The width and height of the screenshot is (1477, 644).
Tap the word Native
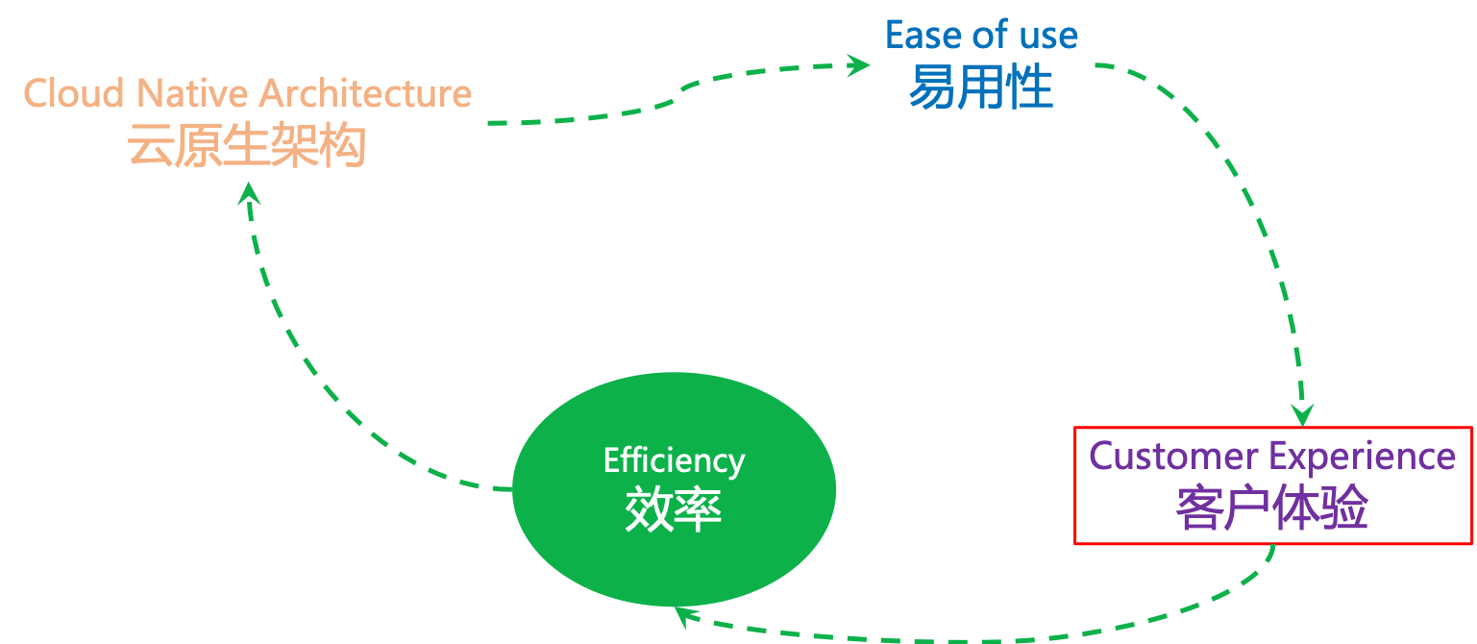[193, 93]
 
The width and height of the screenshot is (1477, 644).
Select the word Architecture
[365, 93]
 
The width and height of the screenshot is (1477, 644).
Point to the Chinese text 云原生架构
[247, 147]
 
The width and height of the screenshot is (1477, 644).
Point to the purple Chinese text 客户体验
[1272, 508]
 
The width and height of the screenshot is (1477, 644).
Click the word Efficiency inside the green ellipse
[674, 460]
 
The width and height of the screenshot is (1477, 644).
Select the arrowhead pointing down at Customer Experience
[1302, 414]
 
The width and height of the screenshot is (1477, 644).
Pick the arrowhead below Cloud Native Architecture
[249, 194]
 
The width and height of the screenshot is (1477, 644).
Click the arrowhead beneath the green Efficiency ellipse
[680, 616]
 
